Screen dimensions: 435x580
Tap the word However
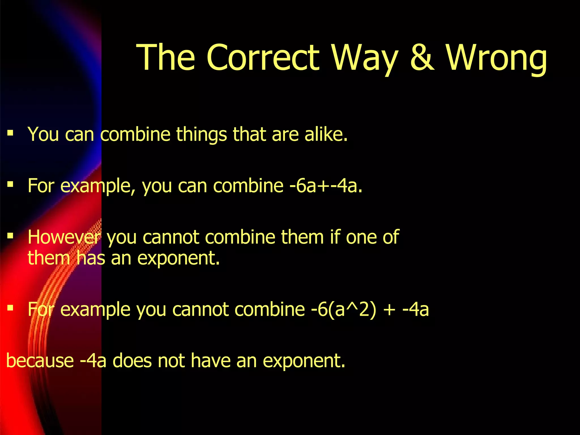(64, 237)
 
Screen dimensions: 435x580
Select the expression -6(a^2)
(344, 309)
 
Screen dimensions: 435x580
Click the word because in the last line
(40, 361)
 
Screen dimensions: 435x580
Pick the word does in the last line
(132, 361)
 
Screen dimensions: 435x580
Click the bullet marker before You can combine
(10, 133)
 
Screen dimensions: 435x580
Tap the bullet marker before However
(10, 236)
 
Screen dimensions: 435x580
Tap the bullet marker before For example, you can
(10, 185)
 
